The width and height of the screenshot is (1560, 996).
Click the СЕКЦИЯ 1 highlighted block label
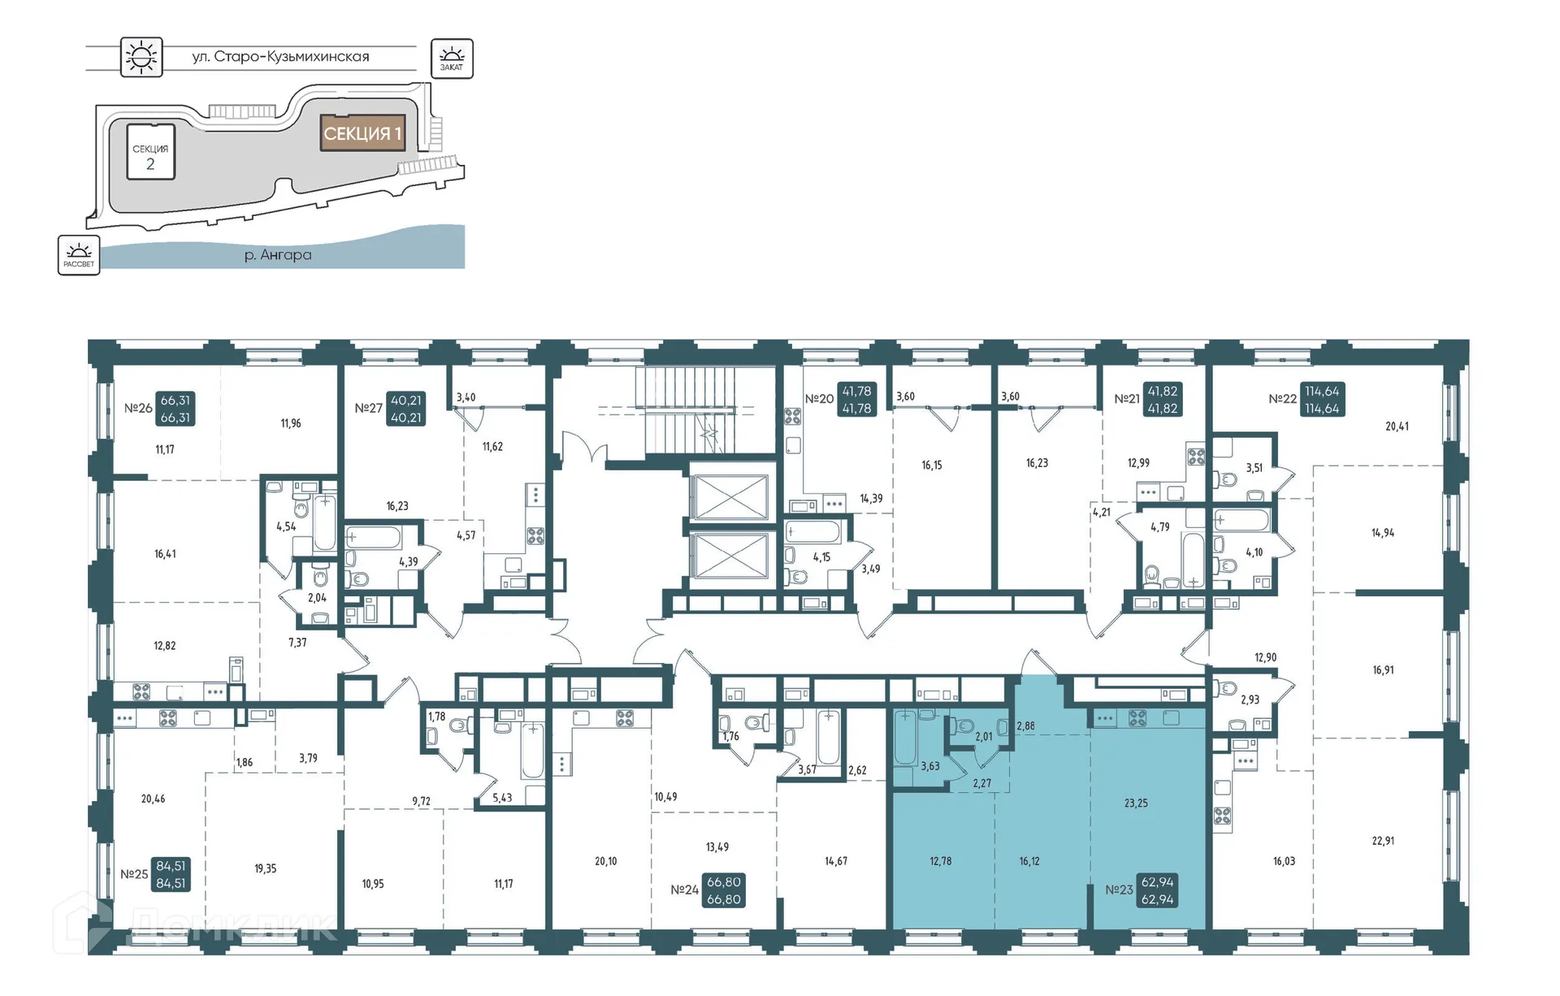coord(362,133)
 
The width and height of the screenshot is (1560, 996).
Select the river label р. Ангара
coord(278,255)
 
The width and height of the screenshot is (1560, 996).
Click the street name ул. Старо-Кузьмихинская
coord(280,57)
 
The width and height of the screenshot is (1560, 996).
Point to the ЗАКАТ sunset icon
coord(452,58)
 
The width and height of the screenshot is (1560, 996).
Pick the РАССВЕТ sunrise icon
coord(79,255)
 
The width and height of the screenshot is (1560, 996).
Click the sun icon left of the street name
coord(141,57)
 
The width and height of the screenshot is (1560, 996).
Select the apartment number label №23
coord(1119,890)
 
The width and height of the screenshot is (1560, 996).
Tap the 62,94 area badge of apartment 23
coord(1158,890)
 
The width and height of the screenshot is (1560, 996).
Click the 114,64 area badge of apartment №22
coord(1322,400)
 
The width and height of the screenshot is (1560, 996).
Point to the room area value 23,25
coord(1136,803)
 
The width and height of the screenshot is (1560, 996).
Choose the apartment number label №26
coord(138,408)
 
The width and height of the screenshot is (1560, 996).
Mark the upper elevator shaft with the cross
coord(730,497)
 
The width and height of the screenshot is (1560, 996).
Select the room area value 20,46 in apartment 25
coord(153,799)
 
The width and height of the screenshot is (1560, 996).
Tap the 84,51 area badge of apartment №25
coord(171,874)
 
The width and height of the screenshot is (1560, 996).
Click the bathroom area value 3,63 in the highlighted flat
coord(930,766)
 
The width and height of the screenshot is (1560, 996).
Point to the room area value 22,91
coord(1383,841)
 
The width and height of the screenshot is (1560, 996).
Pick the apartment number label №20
coord(819,399)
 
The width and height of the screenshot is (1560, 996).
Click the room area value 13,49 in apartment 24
coord(717,847)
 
